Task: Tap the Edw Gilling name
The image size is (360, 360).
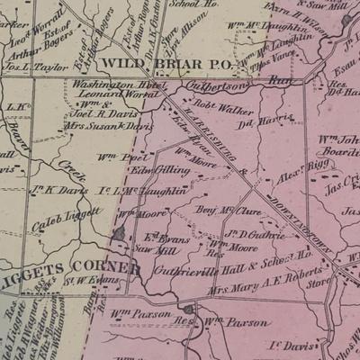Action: point(160,168)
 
